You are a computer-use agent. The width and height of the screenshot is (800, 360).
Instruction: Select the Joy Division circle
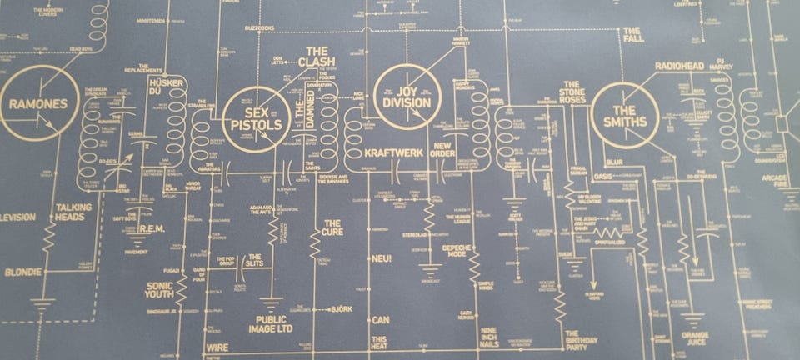407,97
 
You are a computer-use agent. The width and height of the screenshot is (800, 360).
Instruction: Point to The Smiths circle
630,117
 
